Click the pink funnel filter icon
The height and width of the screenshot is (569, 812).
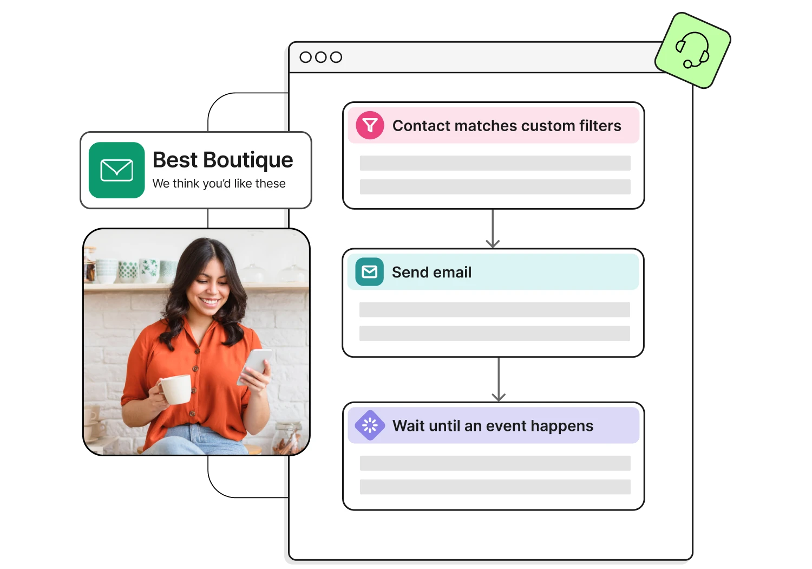(x=370, y=126)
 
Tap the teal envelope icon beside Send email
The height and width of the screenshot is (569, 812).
(x=369, y=272)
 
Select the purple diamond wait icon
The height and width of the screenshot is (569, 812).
(x=370, y=425)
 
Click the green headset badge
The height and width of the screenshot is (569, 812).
(x=692, y=50)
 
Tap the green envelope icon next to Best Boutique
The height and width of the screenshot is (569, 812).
(x=116, y=170)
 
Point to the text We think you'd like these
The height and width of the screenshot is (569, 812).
(x=219, y=184)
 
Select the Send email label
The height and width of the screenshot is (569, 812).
(x=431, y=272)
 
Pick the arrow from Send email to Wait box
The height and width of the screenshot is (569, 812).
(x=499, y=379)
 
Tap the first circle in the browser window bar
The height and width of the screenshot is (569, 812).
(x=306, y=57)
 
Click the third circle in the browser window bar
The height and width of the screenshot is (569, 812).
(x=336, y=57)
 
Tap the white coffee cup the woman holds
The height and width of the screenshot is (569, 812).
(x=175, y=389)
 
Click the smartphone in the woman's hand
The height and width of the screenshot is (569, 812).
(x=255, y=365)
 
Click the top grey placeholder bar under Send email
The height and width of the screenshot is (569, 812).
(x=494, y=309)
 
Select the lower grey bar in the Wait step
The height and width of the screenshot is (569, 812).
(x=495, y=487)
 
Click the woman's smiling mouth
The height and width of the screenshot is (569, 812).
(x=209, y=301)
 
